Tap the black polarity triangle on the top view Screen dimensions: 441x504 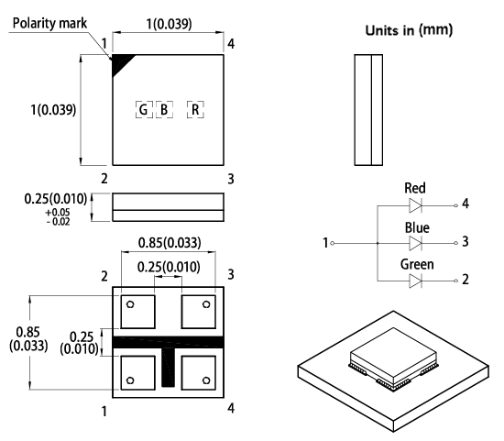pyautogui.click(x=119, y=64)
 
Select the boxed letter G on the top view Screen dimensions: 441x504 pyautogui.click(x=142, y=110)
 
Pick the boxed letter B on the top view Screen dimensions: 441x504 pyautogui.click(x=164, y=110)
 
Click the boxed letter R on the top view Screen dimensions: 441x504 pyautogui.click(x=195, y=110)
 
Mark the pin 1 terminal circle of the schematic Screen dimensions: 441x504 pyautogui.click(x=334, y=243)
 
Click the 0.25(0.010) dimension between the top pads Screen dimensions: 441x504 pyautogui.click(x=169, y=267)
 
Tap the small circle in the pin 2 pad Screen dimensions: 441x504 pyautogui.click(x=131, y=304)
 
